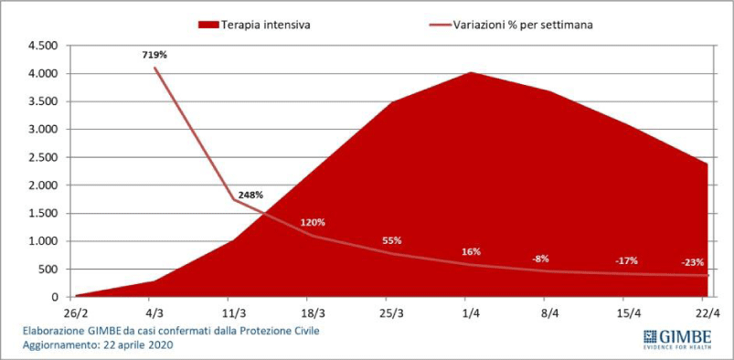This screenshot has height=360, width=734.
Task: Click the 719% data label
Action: [154, 55]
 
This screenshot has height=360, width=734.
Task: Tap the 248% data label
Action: [250, 196]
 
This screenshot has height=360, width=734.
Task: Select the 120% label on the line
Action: [313, 222]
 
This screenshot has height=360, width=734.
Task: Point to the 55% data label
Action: [391, 241]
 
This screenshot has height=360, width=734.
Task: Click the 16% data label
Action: [471, 252]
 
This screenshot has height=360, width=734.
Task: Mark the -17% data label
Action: [626, 260]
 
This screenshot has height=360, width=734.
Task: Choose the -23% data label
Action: [692, 262]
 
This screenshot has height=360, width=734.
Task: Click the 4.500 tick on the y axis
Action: [43, 46]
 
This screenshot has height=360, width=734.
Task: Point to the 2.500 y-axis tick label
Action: [43, 158]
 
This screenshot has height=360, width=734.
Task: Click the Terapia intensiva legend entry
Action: [254, 26]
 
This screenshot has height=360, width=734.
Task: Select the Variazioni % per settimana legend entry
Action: [510, 26]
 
